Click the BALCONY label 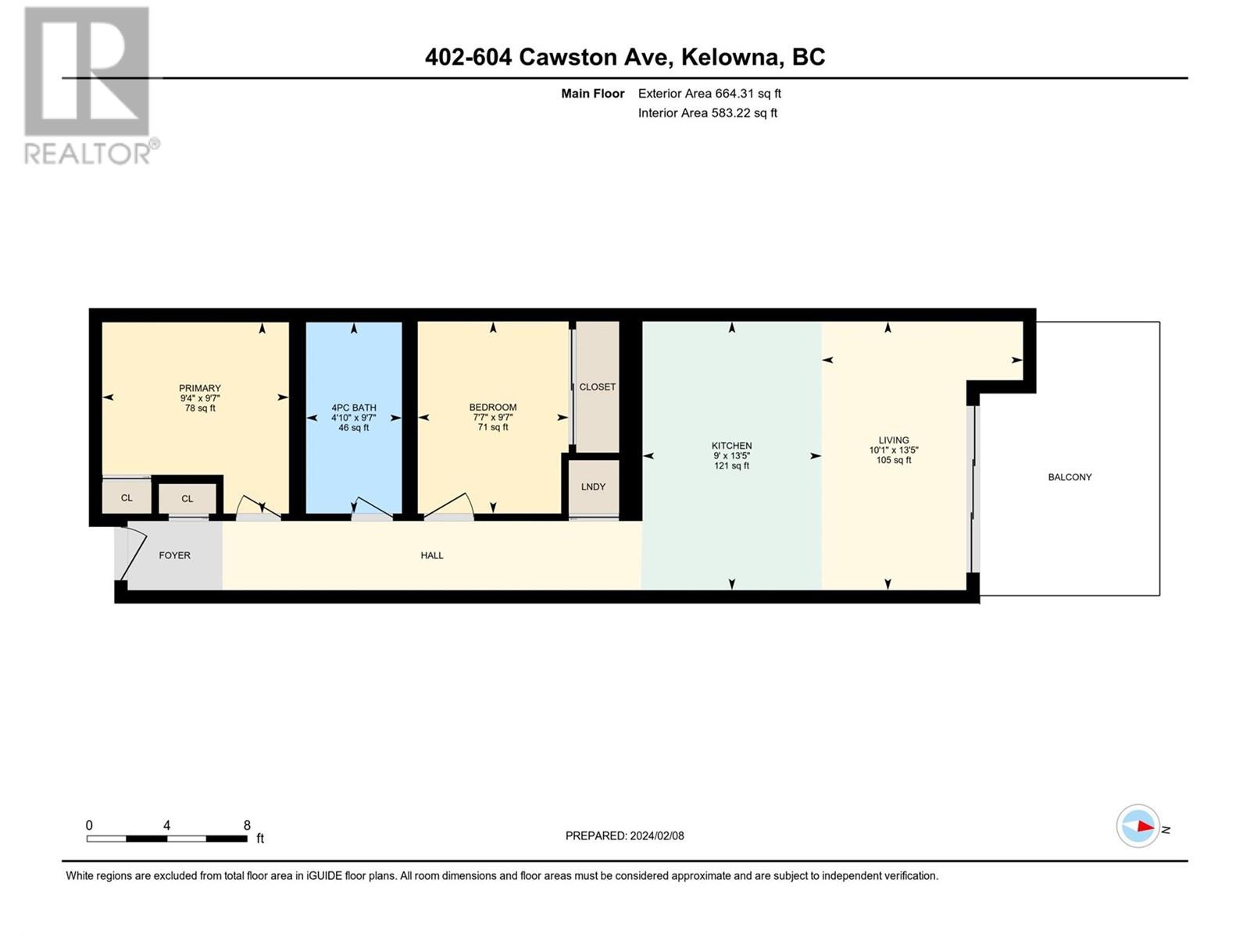click(x=1070, y=477)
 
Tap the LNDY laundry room click(x=594, y=488)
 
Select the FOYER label click(x=174, y=555)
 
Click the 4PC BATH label click(x=354, y=408)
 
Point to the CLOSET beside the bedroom click(x=597, y=387)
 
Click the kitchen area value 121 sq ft click(x=732, y=466)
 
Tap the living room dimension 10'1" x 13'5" click(x=894, y=450)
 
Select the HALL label click(x=432, y=555)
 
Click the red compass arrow click(x=1145, y=825)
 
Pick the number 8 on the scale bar click(x=247, y=825)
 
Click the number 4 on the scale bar click(x=166, y=825)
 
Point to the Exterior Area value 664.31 click(x=734, y=93)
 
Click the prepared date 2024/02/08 click(x=656, y=835)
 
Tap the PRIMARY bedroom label click(x=200, y=389)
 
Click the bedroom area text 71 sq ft click(x=493, y=427)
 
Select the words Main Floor click(x=593, y=93)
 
